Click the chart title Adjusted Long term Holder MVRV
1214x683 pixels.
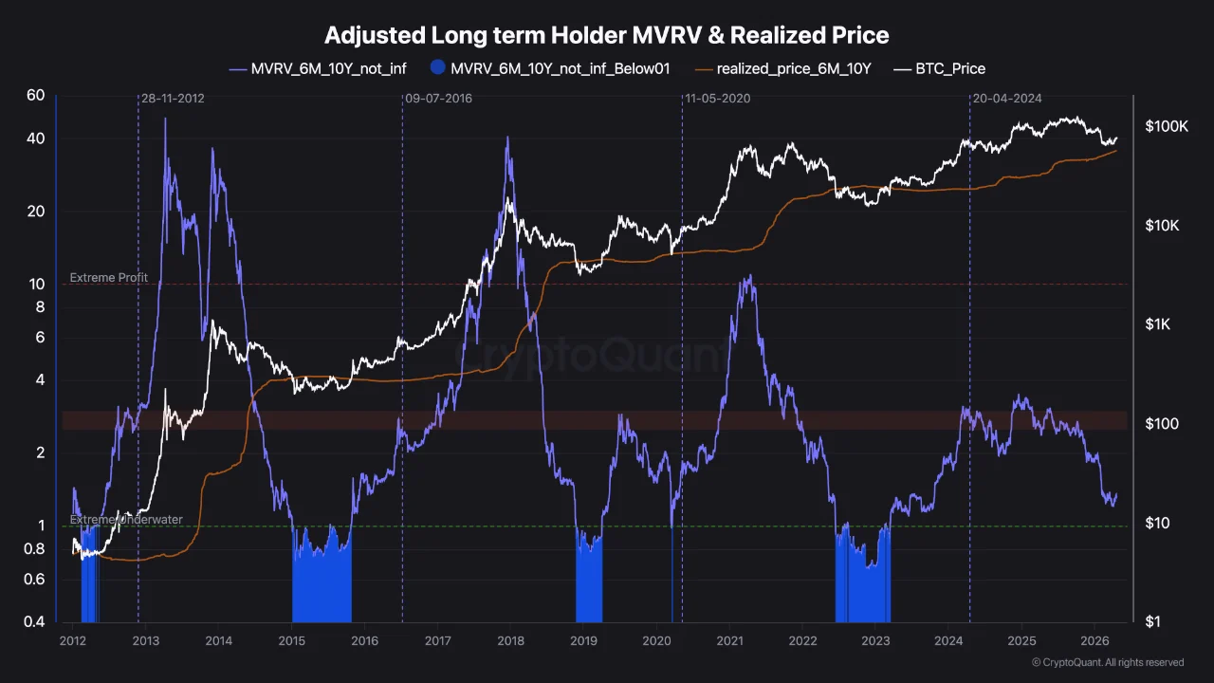coord(607,36)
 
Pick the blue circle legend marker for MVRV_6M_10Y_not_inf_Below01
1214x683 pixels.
coord(437,68)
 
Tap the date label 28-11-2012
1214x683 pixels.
coord(173,99)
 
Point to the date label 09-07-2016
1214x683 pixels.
coord(438,99)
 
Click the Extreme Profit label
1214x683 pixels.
coord(109,278)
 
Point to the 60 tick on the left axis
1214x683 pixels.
coord(36,95)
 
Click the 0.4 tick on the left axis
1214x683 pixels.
coord(34,622)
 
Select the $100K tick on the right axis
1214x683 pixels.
coord(1166,126)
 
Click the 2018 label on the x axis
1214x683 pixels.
coord(510,641)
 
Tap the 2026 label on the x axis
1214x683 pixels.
coord(1094,641)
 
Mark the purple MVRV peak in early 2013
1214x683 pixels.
coord(165,119)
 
